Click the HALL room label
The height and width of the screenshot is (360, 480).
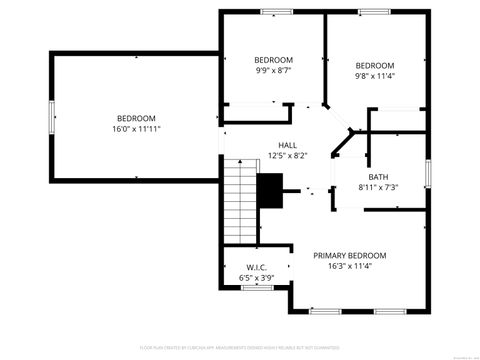287,145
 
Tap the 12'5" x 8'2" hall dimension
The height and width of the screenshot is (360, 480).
287,156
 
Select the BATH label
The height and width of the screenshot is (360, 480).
378,176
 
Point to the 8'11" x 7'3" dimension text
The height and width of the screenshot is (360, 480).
378,187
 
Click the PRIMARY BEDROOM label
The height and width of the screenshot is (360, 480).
349,256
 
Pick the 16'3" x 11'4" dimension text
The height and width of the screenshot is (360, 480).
349,267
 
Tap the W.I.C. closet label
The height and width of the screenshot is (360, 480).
256,267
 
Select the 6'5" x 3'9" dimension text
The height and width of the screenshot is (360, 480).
256,278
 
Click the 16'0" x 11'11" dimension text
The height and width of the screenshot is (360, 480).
137,129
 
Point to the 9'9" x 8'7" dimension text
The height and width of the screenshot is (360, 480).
273,71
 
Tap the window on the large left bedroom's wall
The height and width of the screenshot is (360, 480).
51,118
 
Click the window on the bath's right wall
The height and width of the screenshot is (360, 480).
429,171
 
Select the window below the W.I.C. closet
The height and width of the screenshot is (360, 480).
256,288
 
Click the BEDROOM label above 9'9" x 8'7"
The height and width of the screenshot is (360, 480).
273,60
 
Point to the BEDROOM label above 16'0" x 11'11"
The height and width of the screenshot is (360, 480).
136,118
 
